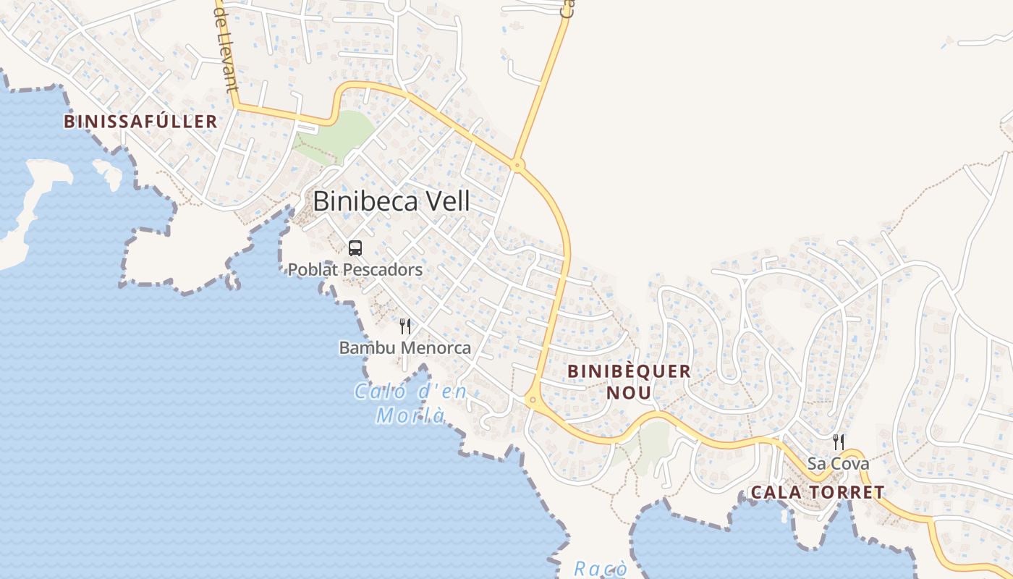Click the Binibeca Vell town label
click(391, 201)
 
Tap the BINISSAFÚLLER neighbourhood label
click(140, 122)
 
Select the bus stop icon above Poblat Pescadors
click(355, 248)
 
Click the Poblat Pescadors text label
click(355, 270)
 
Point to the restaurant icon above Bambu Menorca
click(405, 326)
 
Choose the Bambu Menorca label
click(405, 348)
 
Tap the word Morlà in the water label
click(410, 416)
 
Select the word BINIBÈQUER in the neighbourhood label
click(629, 371)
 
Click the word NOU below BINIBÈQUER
click(629, 393)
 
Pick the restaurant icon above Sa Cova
click(839, 441)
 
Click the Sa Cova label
click(839, 463)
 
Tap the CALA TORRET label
click(817, 493)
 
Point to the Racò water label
click(600, 569)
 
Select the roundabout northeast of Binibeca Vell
click(517, 165)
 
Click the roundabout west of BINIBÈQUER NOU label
click(533, 399)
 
